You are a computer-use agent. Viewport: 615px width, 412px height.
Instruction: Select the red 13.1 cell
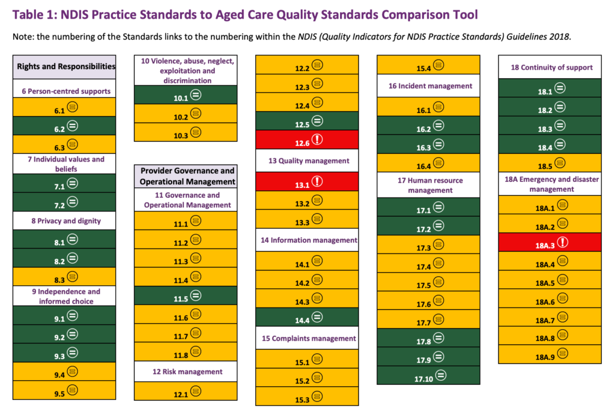pos(307,181)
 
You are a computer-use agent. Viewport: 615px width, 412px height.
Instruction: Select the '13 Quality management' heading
pos(307,160)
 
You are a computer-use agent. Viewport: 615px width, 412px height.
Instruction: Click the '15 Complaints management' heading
pos(307,338)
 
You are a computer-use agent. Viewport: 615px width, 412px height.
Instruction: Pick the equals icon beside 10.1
pos(196,94)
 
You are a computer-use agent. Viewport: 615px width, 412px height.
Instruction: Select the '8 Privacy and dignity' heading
pos(64,220)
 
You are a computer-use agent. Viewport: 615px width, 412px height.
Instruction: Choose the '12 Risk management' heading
pos(184,372)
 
